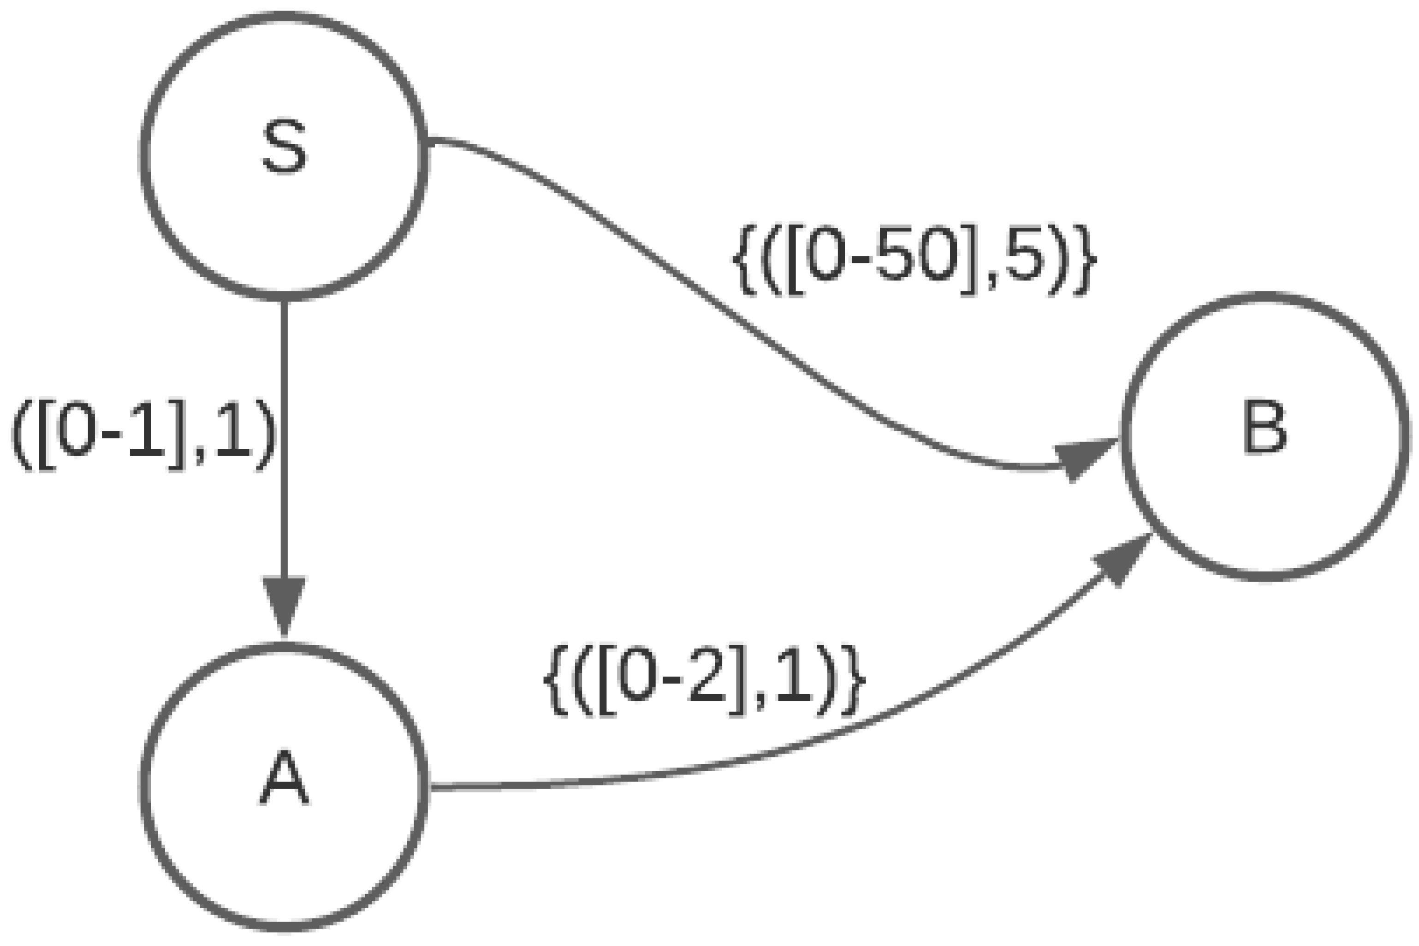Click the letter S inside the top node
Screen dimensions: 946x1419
[284, 147]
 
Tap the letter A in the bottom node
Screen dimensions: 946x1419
[284, 778]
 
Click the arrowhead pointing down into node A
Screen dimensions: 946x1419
[284, 604]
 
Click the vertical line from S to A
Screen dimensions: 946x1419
[284, 434]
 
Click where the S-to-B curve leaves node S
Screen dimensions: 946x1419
[429, 141]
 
